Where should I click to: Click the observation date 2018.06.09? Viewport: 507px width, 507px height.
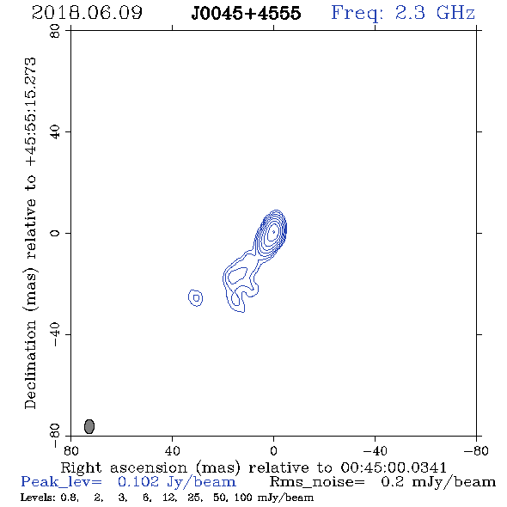coord(87,13)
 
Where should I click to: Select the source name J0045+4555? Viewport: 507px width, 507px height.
coord(246,13)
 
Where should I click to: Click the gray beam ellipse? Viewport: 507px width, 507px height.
coord(89,426)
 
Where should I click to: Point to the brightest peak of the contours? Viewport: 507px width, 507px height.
coord(273,231)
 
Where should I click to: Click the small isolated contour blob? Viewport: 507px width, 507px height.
coord(195,298)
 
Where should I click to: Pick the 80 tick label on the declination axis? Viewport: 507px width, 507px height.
coord(55,31)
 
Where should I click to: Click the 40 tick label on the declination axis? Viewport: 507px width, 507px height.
coord(55,132)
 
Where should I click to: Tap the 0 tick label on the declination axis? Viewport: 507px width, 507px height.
coord(55,233)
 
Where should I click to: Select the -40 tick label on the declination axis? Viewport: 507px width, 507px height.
coord(55,334)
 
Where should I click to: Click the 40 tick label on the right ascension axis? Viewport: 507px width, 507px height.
coord(172,451)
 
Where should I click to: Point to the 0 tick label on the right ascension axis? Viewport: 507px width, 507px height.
coord(273,451)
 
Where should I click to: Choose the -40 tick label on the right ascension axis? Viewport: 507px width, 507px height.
coord(375,451)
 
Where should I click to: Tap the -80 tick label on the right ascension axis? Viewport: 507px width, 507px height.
coord(476,451)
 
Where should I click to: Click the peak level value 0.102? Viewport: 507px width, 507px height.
coord(138,482)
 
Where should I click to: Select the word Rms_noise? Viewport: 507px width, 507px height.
coord(317,482)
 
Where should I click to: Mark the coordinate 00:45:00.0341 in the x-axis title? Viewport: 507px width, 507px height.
coord(394,467)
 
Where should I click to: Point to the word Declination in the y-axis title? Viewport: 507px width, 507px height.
coord(30,364)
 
